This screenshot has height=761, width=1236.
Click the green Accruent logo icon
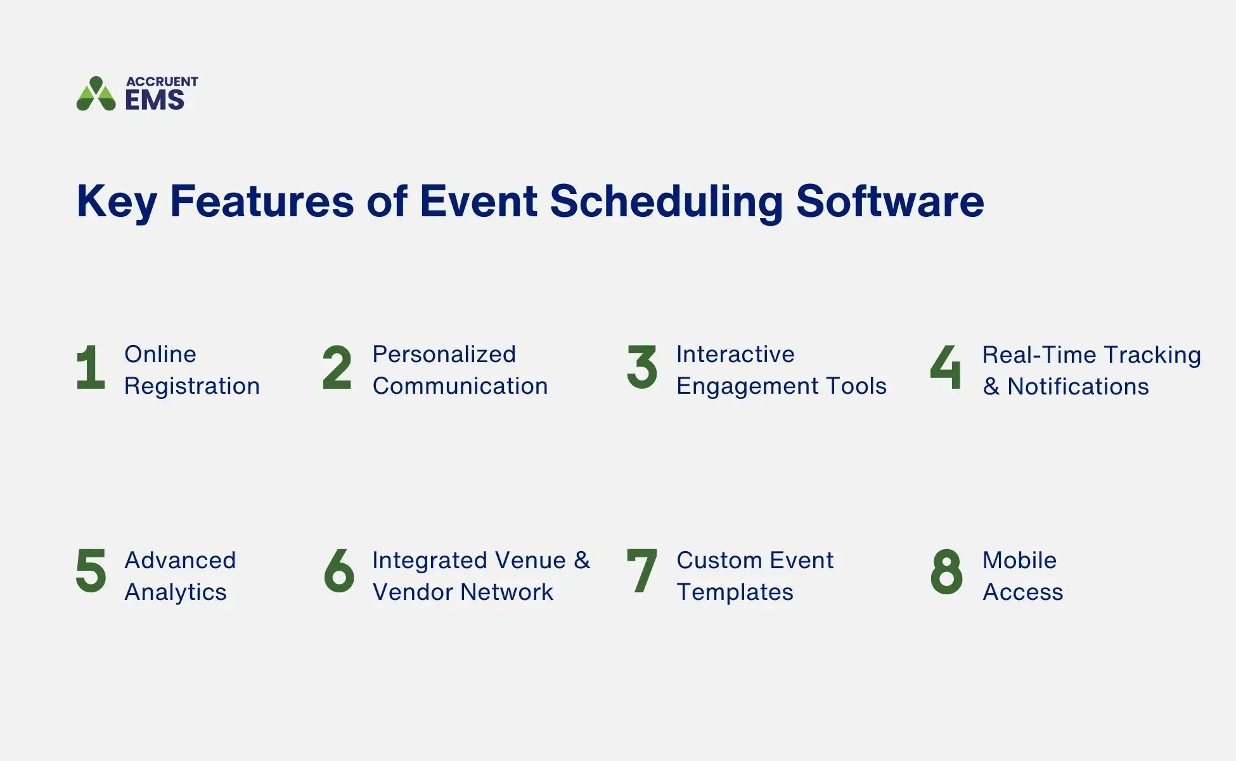click(x=96, y=94)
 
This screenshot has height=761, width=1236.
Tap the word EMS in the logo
click(x=155, y=100)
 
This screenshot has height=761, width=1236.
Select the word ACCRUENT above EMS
click(x=162, y=81)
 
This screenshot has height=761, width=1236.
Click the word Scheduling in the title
click(x=666, y=202)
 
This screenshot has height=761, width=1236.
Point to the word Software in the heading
click(x=889, y=202)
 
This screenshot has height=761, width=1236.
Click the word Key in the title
click(x=116, y=202)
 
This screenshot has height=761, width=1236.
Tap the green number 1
click(x=91, y=367)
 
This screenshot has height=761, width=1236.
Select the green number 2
click(x=337, y=367)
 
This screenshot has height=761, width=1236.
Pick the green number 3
click(x=641, y=367)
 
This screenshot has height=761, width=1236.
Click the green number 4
click(x=946, y=367)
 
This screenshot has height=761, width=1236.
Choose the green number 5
click(x=91, y=571)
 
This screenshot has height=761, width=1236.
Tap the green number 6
click(x=338, y=571)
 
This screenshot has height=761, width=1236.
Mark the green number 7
click(x=641, y=571)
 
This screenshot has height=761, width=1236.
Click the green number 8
click(x=946, y=571)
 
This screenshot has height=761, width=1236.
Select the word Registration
click(x=191, y=386)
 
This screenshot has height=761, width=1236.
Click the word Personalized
click(x=444, y=354)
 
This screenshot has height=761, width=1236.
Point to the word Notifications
click(x=1078, y=386)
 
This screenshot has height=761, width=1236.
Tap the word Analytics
click(x=175, y=592)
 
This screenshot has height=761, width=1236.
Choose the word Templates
click(x=735, y=592)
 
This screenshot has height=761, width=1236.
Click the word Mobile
click(x=1019, y=560)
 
